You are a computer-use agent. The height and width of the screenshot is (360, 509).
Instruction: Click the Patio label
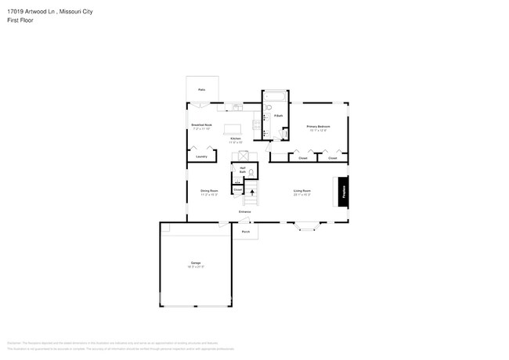(x=201, y=90)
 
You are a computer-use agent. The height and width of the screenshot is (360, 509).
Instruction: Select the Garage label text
(x=196, y=263)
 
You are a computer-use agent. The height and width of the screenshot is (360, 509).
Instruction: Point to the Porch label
(x=245, y=232)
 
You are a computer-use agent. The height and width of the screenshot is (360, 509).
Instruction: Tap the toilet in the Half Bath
(x=251, y=171)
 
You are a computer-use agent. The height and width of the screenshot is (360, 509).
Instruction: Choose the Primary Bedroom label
(x=317, y=127)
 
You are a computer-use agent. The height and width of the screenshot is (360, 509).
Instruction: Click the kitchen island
(x=233, y=128)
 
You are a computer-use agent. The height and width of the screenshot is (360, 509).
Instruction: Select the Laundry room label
(x=201, y=157)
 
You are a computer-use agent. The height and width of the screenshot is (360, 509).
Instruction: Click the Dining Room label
(x=208, y=191)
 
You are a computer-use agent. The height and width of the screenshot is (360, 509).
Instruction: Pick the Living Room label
(x=302, y=191)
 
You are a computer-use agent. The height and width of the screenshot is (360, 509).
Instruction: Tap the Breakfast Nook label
(x=201, y=125)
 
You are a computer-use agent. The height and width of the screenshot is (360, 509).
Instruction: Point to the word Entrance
(x=245, y=212)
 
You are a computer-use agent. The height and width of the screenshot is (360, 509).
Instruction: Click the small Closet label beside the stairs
(x=237, y=189)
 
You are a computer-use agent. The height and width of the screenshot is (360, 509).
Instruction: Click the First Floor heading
(x=21, y=20)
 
